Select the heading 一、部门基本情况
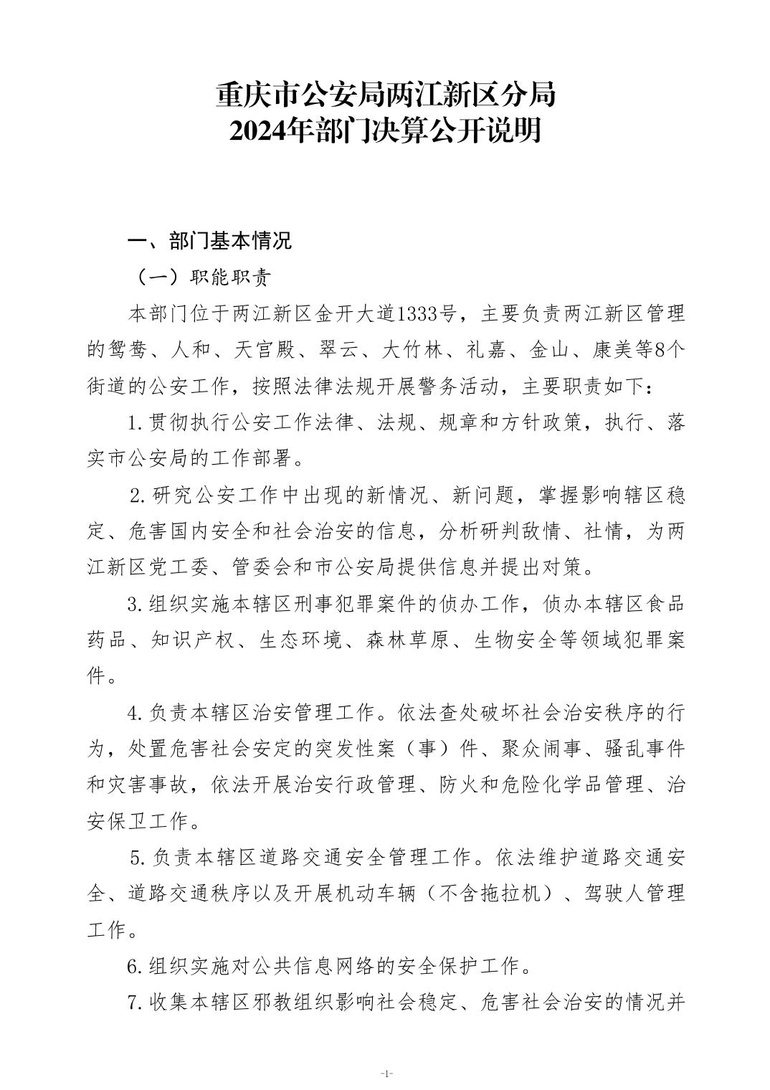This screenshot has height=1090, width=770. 209,241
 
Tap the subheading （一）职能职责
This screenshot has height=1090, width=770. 198,277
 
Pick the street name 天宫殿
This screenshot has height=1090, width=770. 265,350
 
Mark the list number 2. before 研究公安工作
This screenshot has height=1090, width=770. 138,496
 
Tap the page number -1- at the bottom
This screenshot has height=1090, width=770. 386,1073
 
